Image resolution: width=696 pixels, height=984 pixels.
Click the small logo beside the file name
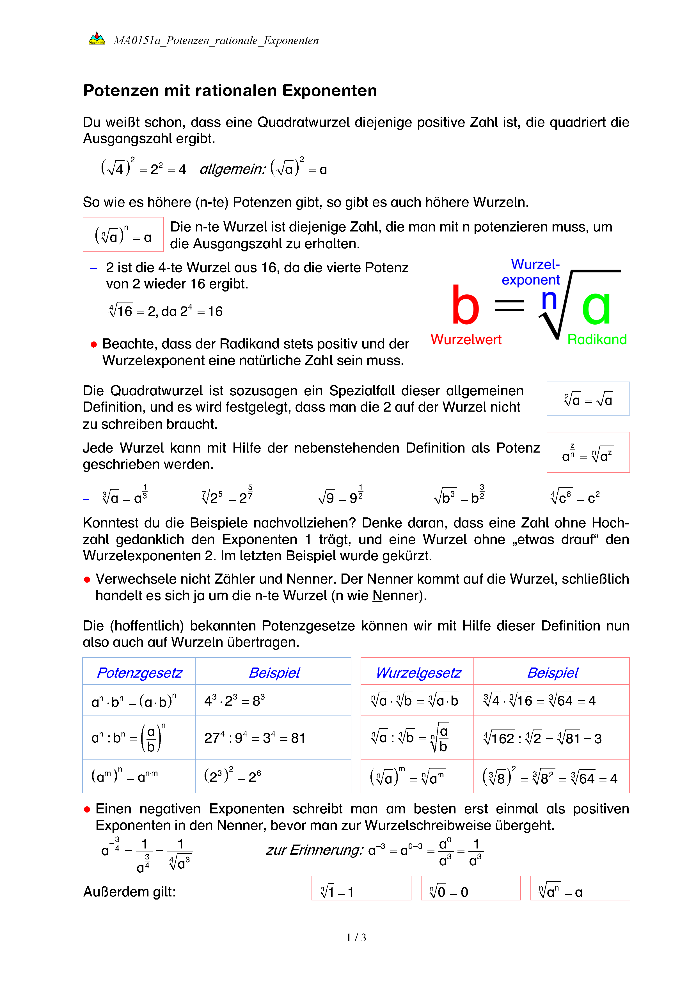[x=97, y=38]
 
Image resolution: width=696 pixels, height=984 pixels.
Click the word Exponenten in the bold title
[x=329, y=91]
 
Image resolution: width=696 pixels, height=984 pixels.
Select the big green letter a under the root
[x=596, y=306]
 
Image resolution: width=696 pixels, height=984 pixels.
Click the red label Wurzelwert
[x=466, y=340]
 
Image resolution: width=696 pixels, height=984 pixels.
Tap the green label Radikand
[x=597, y=340]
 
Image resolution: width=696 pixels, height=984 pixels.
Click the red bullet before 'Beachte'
[x=94, y=345]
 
